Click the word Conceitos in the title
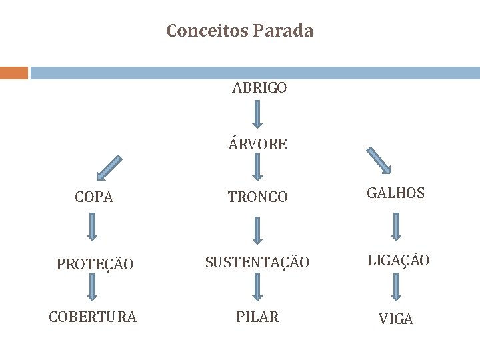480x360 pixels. [x=207, y=31]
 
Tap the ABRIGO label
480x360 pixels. [x=259, y=88]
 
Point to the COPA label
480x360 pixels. [x=94, y=198]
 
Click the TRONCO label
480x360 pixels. [x=257, y=197]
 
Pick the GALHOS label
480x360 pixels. [x=396, y=193]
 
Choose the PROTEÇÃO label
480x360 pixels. [x=94, y=264]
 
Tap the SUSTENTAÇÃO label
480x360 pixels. [x=257, y=263]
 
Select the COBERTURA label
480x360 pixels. [x=93, y=317]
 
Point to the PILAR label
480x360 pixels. [x=257, y=317]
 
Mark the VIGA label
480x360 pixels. [x=396, y=319]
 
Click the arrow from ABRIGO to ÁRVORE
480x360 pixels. [x=259, y=115]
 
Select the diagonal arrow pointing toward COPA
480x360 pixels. [x=109, y=168]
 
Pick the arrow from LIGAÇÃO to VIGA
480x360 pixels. [x=396, y=287]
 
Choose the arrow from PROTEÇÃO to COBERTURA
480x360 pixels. [x=93, y=289]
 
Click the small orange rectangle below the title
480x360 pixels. [x=14, y=73]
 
